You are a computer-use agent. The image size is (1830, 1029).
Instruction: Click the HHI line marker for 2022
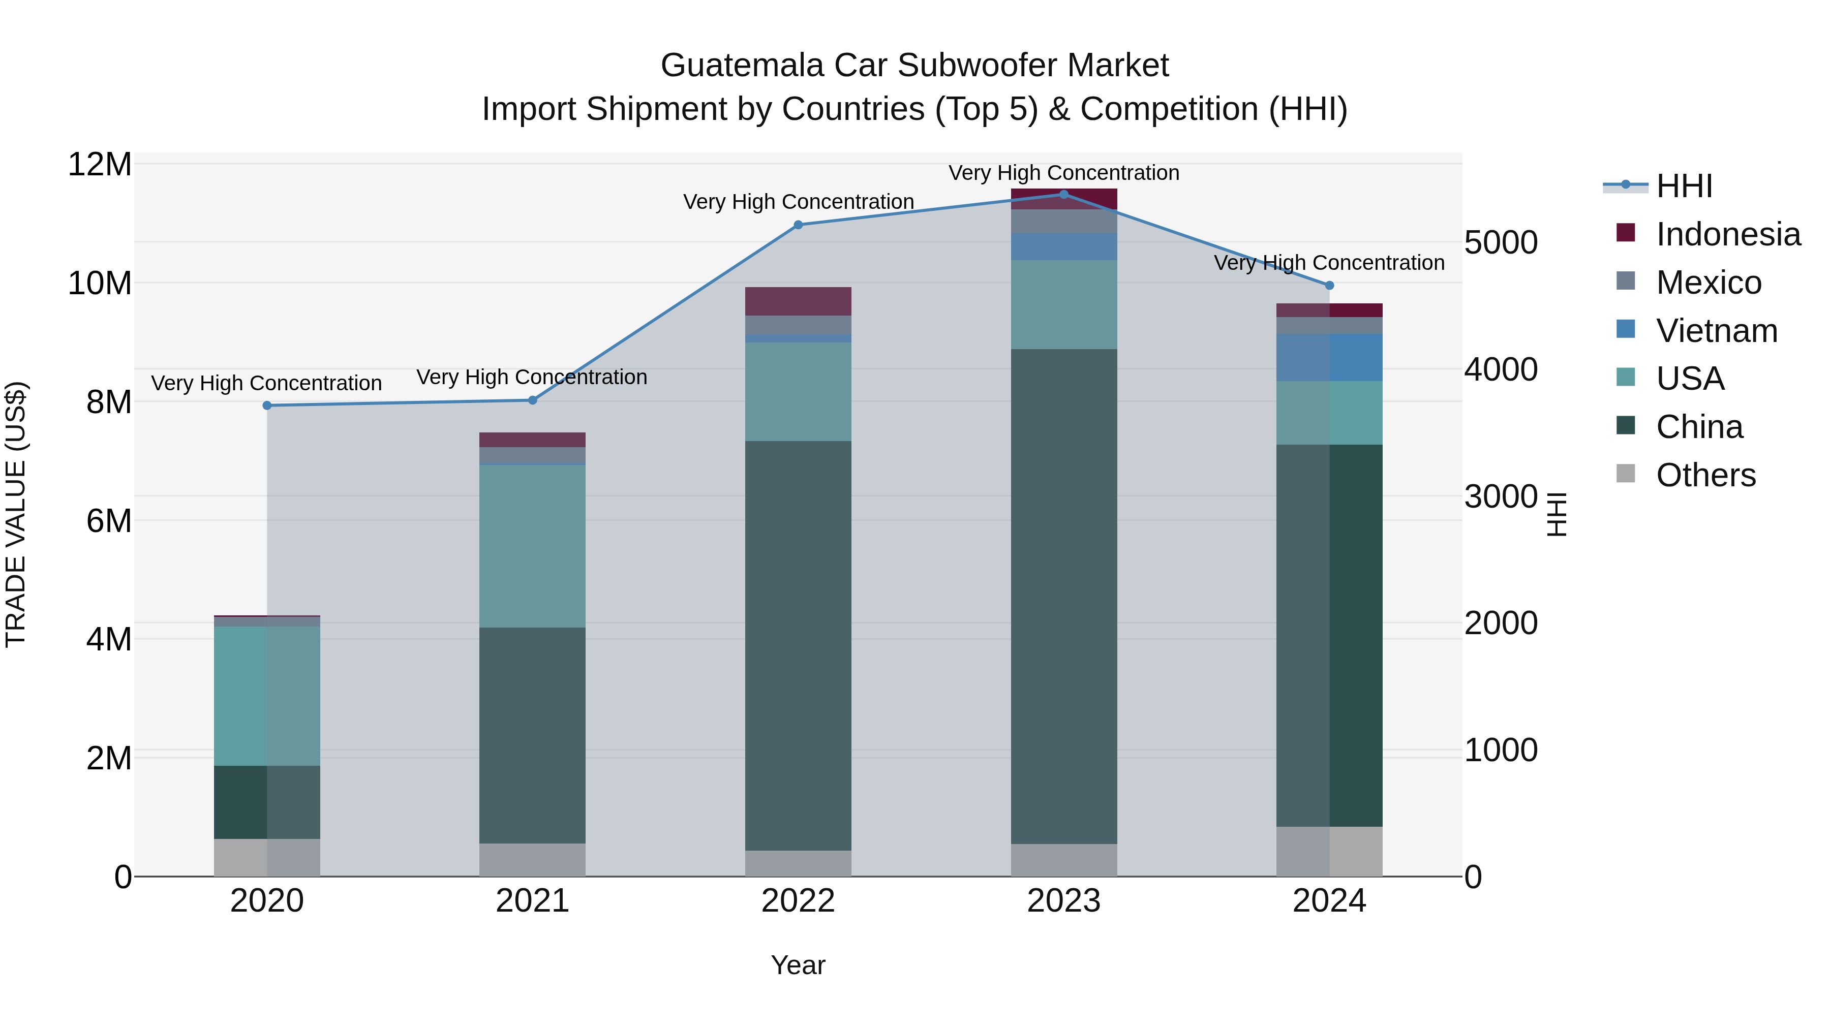click(798, 225)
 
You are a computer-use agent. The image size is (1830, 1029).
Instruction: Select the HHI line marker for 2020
click(267, 406)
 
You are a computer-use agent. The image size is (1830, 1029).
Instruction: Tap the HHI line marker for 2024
click(1329, 286)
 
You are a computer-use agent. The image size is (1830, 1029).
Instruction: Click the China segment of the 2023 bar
click(1063, 597)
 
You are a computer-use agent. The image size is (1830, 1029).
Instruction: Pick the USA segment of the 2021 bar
click(532, 545)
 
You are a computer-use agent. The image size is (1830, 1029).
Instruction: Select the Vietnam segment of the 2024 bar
click(1329, 357)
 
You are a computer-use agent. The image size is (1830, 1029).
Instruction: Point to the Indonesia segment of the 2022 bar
click(798, 301)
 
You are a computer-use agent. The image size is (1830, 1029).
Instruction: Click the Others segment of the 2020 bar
click(267, 857)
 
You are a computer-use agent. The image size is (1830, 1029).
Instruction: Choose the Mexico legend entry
click(1708, 282)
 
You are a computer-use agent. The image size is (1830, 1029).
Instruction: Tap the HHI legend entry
click(1684, 186)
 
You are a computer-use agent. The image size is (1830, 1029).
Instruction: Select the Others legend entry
click(1705, 475)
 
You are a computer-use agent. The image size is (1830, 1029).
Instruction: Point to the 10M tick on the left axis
click(100, 284)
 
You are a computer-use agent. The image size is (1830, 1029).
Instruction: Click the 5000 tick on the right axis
click(1501, 242)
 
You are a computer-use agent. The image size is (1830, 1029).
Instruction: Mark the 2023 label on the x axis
click(1063, 901)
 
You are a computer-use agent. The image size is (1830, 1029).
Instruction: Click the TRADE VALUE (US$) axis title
click(16, 514)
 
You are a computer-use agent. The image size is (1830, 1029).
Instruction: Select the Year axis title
click(798, 965)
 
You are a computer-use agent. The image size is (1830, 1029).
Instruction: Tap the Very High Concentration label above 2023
click(1063, 173)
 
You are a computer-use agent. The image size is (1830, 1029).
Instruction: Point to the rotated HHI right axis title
click(1556, 514)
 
